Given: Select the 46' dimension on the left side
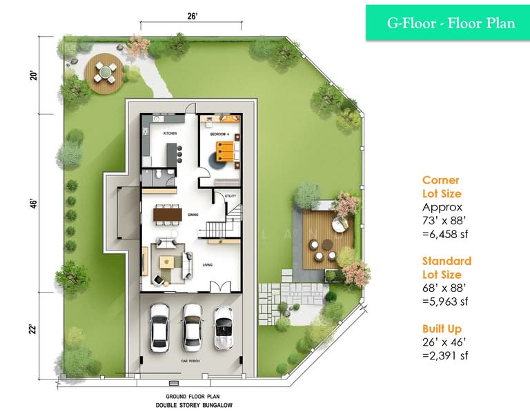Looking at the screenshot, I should point(32,204).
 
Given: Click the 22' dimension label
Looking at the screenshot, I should point(32,331).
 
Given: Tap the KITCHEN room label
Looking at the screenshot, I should point(170,132).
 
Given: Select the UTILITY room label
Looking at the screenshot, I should point(230,197).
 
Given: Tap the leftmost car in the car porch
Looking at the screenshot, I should point(160,324).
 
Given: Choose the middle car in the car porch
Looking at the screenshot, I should point(192,326).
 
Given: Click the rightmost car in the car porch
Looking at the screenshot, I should point(224,328).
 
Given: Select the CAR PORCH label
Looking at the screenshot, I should point(190,361).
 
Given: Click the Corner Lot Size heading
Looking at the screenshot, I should point(442,187).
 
